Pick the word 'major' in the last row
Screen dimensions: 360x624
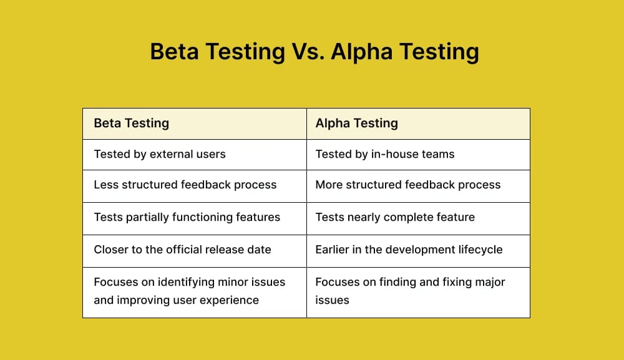tap(489, 282)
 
